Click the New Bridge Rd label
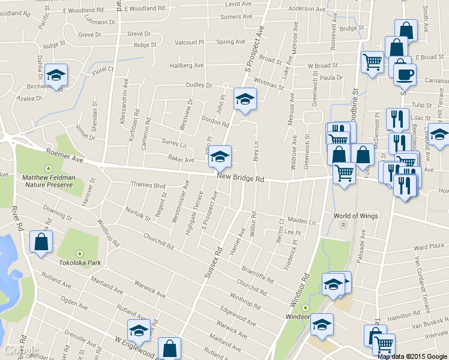(x=241, y=179)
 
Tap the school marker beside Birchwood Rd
(x=56, y=76)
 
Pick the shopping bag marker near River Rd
(x=41, y=242)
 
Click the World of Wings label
(x=354, y=216)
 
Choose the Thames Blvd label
(x=148, y=186)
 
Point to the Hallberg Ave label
(x=187, y=65)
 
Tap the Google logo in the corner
(x=22, y=350)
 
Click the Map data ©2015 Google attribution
(x=412, y=356)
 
